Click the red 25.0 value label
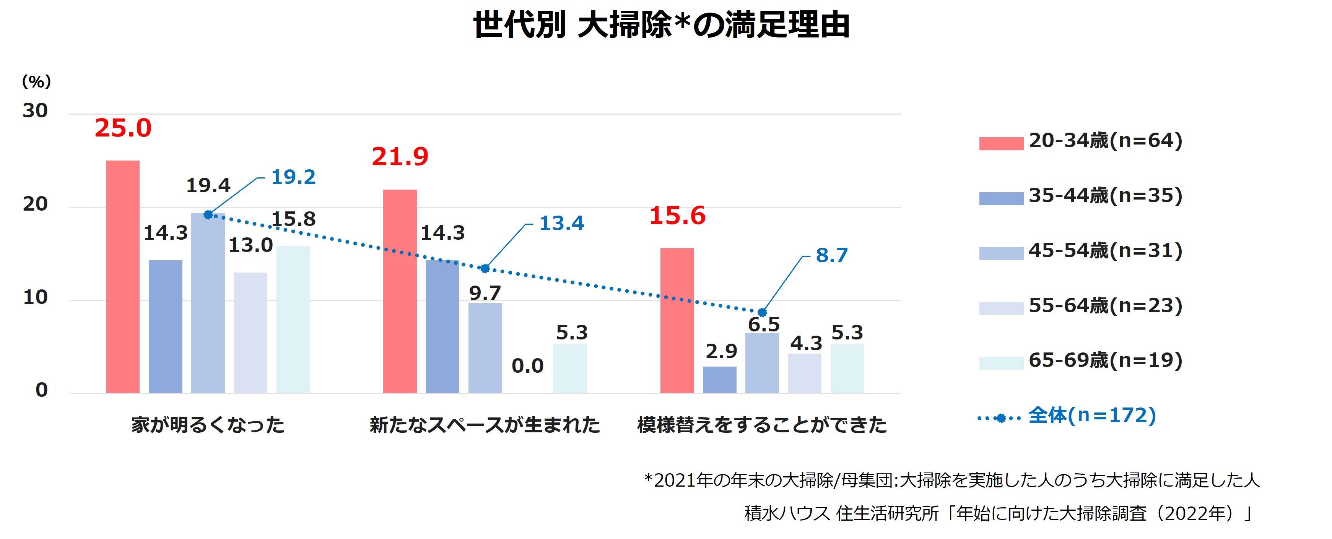pos(123,128)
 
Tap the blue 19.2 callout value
pos(293,177)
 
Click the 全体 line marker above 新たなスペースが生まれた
pos(485,268)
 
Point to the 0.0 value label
pos(527,366)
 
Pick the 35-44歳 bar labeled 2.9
pos(719,380)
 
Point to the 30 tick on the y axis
pos(35,111)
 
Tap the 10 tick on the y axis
pos(35,298)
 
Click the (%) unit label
pos(36,82)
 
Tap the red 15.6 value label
pos(677,216)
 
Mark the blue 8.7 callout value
pos(831,255)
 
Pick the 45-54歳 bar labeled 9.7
pos(485,348)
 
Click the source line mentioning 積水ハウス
pos(997,513)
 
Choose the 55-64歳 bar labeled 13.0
pos(250,332)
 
